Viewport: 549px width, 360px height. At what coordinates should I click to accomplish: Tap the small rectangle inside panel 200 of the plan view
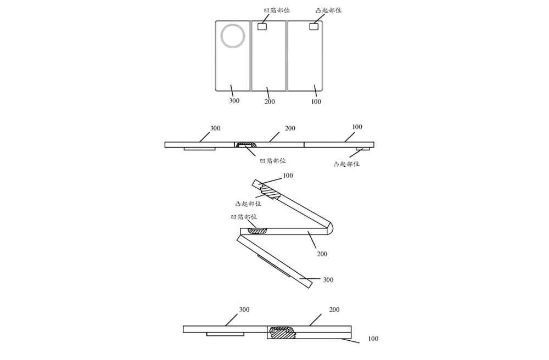coord(262,26)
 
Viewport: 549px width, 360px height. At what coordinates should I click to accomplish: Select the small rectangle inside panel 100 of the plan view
coord(313,26)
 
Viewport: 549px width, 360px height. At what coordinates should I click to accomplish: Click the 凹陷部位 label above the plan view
coord(277,10)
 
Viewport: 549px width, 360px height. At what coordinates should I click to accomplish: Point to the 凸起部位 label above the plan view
coord(328,10)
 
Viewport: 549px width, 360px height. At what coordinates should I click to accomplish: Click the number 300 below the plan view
coord(234,101)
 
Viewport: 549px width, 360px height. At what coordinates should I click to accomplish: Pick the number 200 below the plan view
coord(270,102)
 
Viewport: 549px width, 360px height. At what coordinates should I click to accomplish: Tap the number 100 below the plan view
coord(316,102)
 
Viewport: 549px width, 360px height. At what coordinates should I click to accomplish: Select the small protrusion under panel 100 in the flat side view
coord(363,149)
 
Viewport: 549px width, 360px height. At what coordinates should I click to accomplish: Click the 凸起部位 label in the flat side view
coord(346,164)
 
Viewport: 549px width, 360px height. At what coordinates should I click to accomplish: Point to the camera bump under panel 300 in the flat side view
coord(200,149)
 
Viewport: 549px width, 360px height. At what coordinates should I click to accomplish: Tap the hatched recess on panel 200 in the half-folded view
coord(257,231)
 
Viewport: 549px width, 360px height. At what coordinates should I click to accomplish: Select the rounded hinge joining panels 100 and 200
coord(329,227)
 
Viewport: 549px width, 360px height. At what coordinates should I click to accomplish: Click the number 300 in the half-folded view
coord(328,279)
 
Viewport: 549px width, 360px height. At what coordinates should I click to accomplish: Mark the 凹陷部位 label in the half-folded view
coord(244,217)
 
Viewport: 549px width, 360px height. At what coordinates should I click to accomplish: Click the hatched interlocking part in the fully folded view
coord(282,333)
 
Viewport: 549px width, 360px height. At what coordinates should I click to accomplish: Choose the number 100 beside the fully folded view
coord(373,338)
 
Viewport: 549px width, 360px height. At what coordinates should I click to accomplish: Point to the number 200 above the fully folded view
coord(334,310)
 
